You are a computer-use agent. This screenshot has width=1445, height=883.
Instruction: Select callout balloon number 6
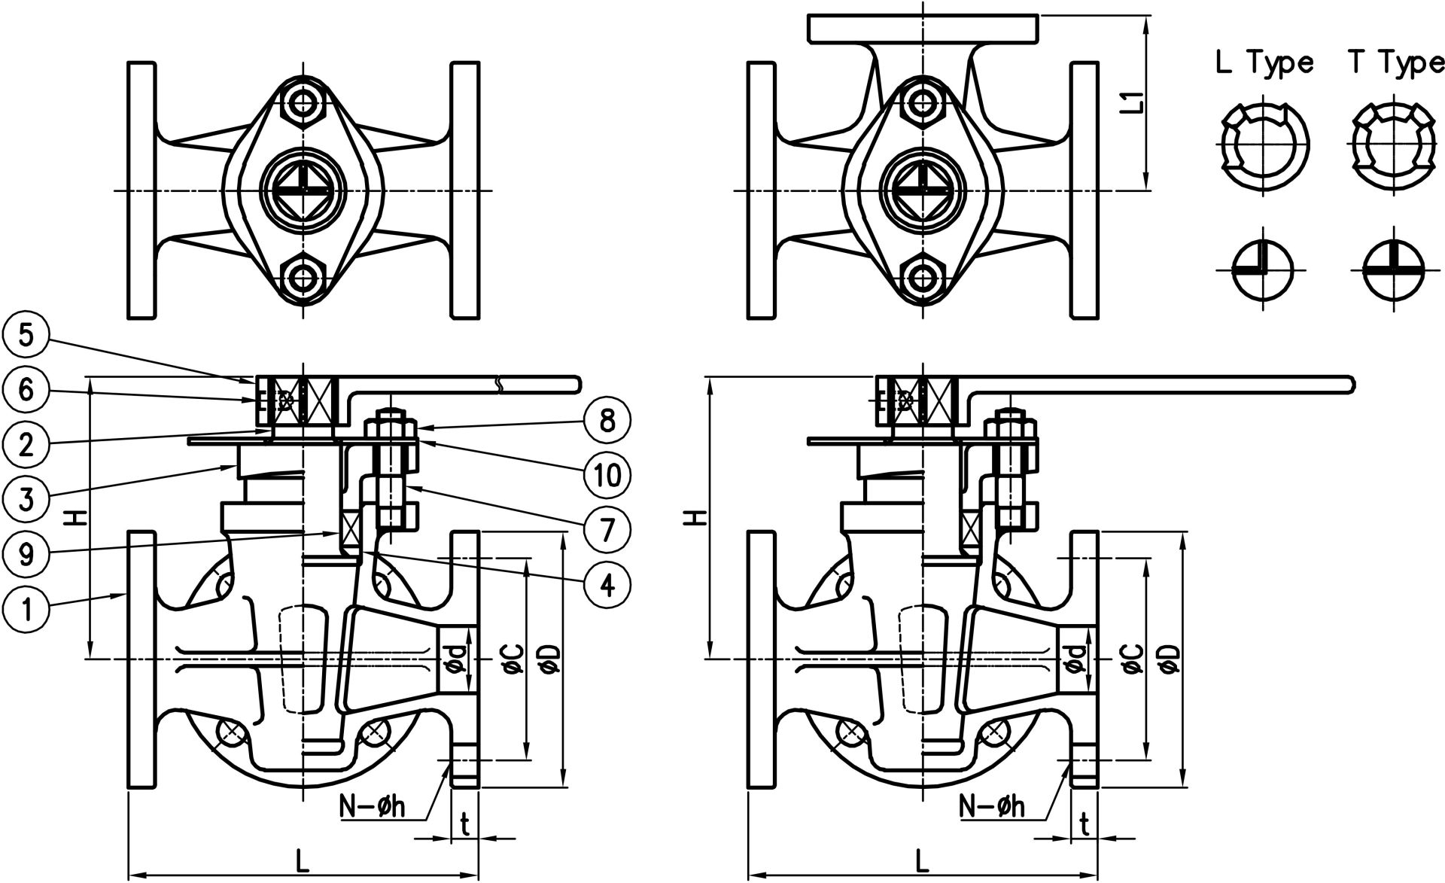point(26,391)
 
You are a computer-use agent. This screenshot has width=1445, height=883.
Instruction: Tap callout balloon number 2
point(26,446)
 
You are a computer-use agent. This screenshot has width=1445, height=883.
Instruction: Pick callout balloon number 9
point(26,555)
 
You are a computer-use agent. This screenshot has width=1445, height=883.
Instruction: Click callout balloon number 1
point(26,609)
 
